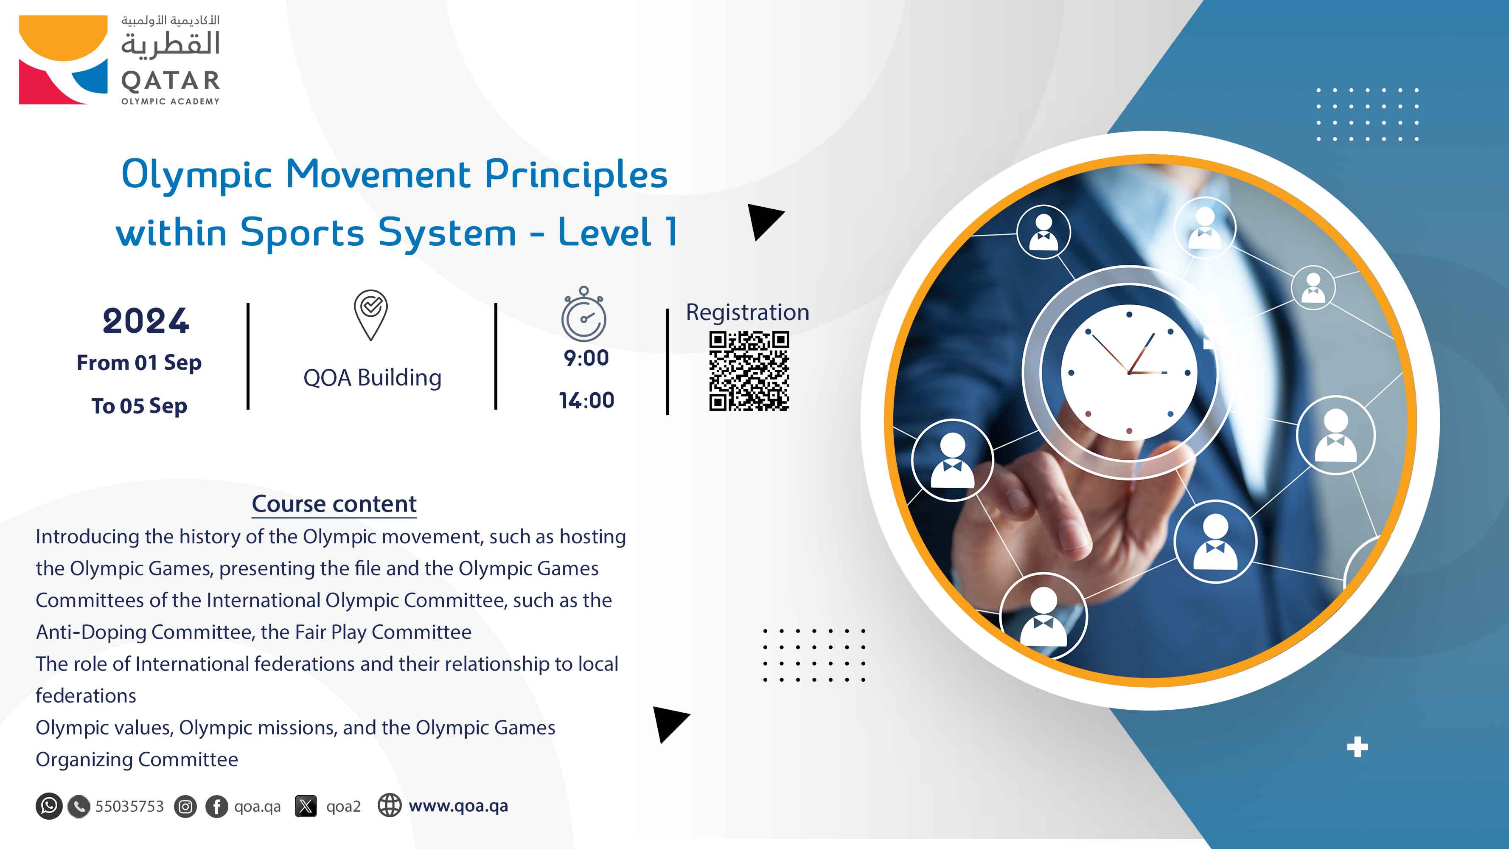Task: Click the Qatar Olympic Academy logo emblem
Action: click(63, 60)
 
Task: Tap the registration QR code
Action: click(749, 371)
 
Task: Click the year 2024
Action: click(146, 321)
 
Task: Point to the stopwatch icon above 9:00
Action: click(583, 314)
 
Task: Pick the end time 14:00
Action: click(586, 401)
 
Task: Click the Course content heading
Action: click(334, 504)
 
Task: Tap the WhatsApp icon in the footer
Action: click(49, 806)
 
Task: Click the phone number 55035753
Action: click(129, 806)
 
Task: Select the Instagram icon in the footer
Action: click(185, 807)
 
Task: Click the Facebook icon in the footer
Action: click(217, 807)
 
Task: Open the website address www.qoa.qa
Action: click(458, 806)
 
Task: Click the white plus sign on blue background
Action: click(1357, 748)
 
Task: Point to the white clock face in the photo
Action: click(1129, 373)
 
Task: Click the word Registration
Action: click(747, 312)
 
